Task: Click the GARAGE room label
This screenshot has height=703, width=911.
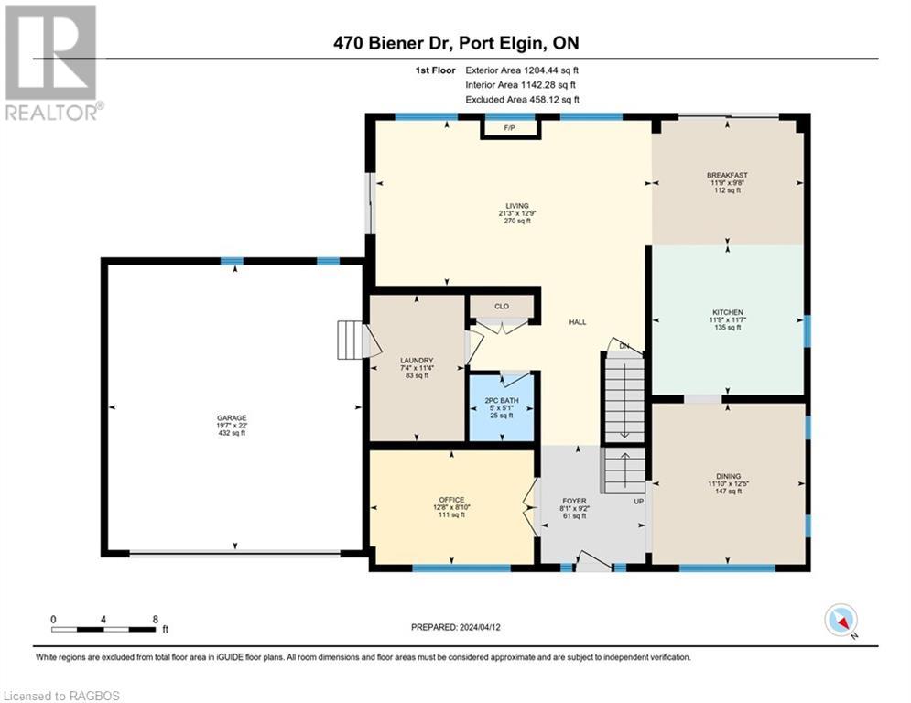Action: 232,417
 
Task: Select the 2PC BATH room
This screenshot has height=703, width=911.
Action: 502,407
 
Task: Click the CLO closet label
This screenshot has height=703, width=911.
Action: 502,306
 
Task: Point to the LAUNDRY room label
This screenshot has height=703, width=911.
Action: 417,361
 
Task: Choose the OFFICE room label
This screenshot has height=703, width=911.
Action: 451,500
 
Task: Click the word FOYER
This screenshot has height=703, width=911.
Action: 574,501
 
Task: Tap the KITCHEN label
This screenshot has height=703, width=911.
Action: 727,312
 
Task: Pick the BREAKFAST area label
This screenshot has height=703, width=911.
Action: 727,175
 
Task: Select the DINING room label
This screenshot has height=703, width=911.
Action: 728,476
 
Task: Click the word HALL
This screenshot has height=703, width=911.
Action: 578,322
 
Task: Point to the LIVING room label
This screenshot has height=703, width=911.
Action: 517,206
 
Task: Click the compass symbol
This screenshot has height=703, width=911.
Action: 841,621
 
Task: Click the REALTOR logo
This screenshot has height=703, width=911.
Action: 52,63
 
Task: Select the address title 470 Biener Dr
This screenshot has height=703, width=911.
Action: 394,43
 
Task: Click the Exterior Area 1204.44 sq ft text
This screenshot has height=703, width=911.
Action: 522,70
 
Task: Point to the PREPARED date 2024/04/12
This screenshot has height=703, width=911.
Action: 456,627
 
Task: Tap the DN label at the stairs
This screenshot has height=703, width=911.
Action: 624,346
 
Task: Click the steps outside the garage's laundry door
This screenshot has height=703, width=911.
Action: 351,340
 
